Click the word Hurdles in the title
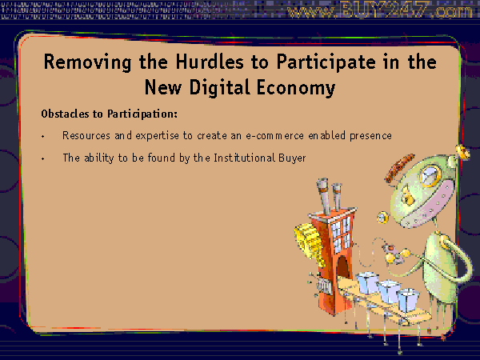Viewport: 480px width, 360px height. pyautogui.click(x=210, y=62)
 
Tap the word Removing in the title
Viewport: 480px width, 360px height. pyautogui.click(x=88, y=62)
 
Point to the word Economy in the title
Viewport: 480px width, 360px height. pyautogui.click(x=296, y=89)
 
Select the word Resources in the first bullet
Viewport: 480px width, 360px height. pyautogui.click(x=86, y=135)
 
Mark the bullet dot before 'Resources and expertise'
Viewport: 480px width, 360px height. pyautogui.click(x=43, y=136)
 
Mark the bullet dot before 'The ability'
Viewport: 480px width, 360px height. pyautogui.click(x=43, y=158)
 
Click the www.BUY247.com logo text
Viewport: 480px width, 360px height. pyautogui.click(x=380, y=10)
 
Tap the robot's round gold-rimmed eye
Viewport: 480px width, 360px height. pyautogui.click(x=430, y=175)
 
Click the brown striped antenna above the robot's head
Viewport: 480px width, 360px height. pyautogui.click(x=400, y=168)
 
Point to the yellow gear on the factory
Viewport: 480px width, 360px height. pyautogui.click(x=309, y=243)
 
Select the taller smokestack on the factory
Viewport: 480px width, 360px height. pyautogui.click(x=324, y=196)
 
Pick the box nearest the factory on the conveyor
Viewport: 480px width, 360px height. pyautogui.click(x=368, y=283)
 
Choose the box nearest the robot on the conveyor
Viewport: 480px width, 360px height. pyautogui.click(x=408, y=300)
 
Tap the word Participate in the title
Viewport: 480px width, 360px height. pyautogui.click(x=326, y=62)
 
